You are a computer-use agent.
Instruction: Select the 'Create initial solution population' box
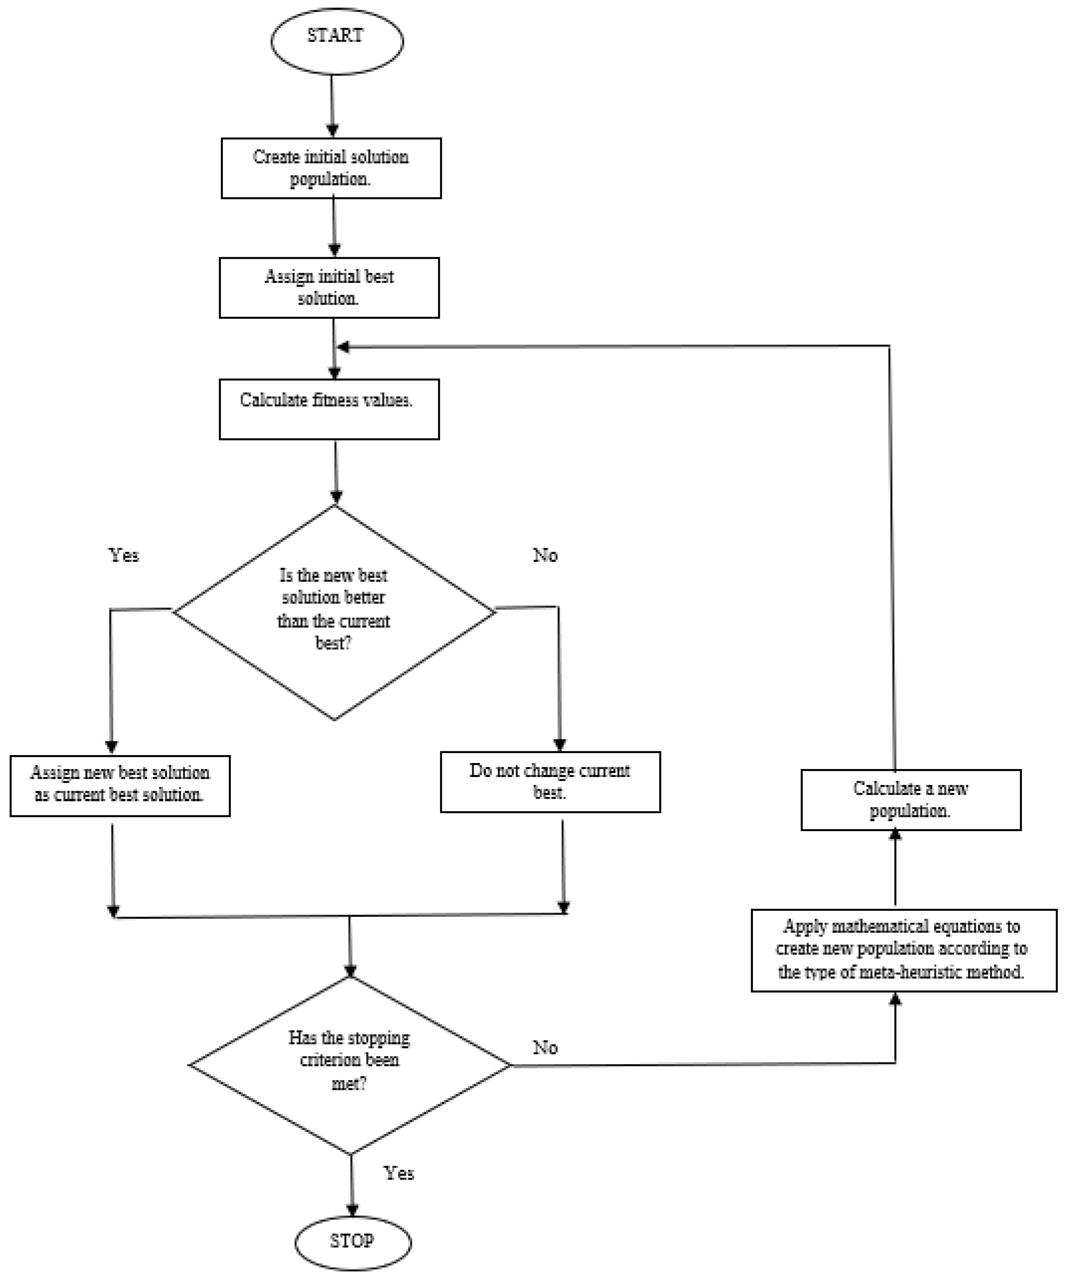(331, 168)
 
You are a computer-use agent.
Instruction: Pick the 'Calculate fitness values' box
(329, 409)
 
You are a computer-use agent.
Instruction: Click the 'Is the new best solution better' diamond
(334, 612)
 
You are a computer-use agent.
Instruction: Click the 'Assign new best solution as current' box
(120, 786)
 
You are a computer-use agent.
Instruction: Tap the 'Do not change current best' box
(550, 782)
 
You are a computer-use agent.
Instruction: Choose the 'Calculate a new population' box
(911, 800)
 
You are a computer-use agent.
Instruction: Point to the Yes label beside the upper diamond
(124, 555)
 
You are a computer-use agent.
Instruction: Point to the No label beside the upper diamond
(545, 555)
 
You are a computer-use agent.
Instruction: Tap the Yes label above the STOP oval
(399, 1173)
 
